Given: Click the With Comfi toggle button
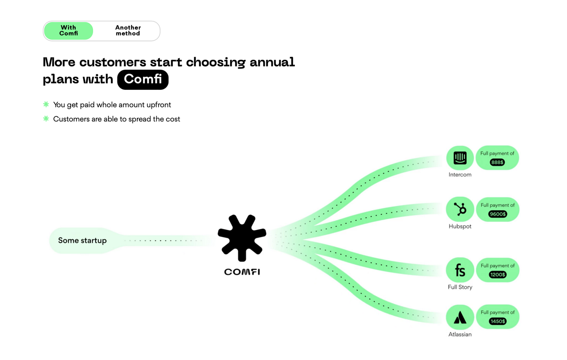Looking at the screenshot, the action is point(68,30).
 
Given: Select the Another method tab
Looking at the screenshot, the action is point(128,30).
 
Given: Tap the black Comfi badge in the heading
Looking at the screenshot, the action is point(143,79).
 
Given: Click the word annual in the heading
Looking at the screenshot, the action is point(272,62).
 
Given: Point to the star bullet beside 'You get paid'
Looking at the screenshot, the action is point(46,104).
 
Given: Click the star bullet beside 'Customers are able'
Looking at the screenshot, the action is point(46,119).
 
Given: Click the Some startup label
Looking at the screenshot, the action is point(82,240).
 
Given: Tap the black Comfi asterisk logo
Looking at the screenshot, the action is point(242,238).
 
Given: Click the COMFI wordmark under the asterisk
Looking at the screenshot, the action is point(242,272).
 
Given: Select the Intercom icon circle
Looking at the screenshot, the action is point(460,158).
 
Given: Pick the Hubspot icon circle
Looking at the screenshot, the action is point(460,209).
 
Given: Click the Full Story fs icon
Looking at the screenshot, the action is point(460,270).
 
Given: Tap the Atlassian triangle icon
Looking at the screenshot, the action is point(460,317).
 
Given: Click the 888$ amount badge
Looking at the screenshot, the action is point(497,162).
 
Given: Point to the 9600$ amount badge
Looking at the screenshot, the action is point(498,214).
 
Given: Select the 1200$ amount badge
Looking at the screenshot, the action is point(498,275).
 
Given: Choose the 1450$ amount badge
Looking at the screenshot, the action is point(498,321).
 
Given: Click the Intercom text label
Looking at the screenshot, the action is point(460,175).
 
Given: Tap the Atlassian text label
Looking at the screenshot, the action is point(460,335).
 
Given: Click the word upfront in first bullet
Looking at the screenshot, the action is point(159,105).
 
